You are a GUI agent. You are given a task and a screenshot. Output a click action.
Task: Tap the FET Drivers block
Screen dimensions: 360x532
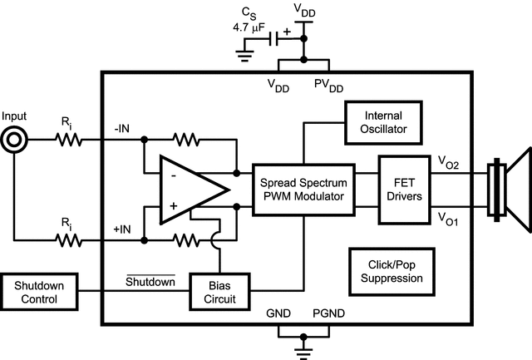click(402, 189)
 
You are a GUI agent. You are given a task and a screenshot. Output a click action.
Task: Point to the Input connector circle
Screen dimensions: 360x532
click(14, 141)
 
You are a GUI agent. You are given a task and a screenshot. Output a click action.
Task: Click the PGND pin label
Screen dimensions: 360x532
click(329, 317)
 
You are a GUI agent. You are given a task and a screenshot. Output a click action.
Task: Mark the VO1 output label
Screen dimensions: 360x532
click(448, 217)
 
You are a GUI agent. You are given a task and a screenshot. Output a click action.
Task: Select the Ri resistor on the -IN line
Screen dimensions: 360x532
click(70, 141)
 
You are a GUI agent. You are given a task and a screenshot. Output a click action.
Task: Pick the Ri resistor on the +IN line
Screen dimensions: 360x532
click(70, 241)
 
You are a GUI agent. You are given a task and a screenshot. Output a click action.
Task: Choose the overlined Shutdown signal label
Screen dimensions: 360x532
click(150, 281)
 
